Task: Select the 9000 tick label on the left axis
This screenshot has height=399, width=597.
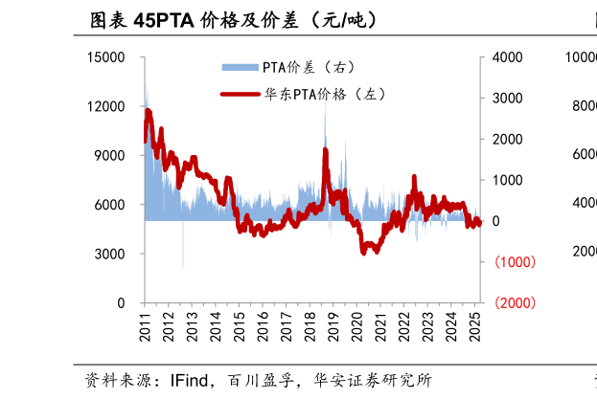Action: pos(109,155)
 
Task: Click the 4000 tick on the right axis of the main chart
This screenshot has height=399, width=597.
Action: pos(507,57)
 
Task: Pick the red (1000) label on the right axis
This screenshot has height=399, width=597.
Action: pos(514,262)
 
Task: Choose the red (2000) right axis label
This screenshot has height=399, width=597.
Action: pos(514,303)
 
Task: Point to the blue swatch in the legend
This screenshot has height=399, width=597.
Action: pos(241,67)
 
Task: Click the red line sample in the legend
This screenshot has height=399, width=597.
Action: pos(241,95)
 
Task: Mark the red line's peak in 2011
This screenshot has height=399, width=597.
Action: pos(149,112)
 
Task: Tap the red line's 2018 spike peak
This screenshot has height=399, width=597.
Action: pos(326,150)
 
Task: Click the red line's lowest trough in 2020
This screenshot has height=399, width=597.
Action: pos(365,253)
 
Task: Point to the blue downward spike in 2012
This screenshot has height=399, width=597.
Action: pos(183,266)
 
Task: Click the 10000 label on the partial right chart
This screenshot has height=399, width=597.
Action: pos(581,57)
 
